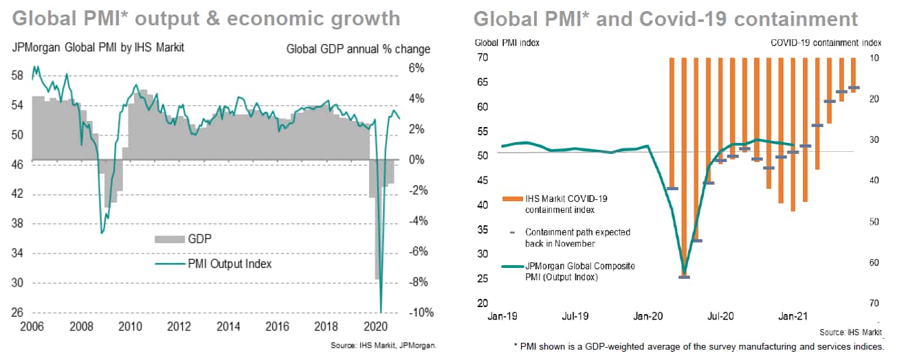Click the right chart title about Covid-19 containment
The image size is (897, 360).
665,19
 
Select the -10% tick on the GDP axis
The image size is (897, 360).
421,313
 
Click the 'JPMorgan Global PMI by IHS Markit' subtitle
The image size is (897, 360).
98,49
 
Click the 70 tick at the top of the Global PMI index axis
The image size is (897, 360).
483,58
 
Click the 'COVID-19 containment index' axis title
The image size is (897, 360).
826,43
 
